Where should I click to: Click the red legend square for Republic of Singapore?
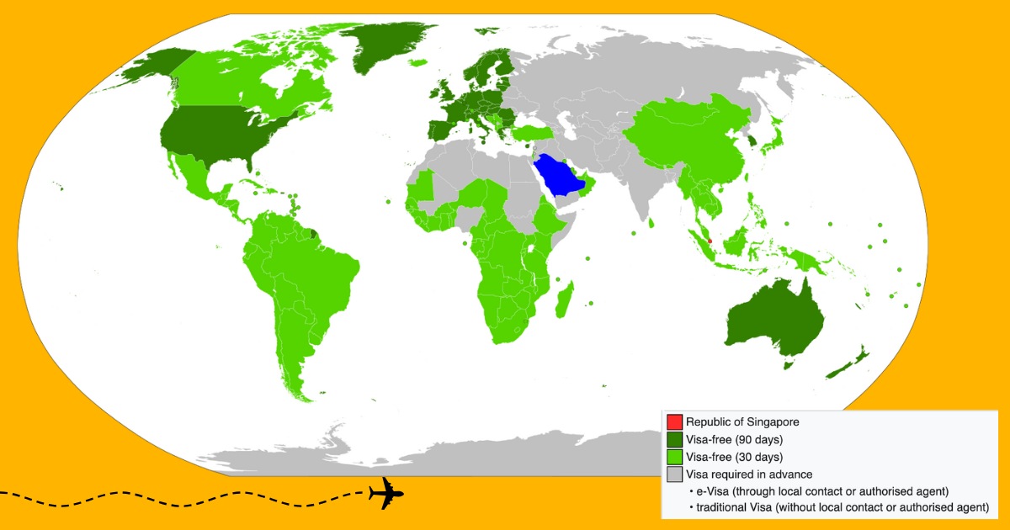(x=674, y=421)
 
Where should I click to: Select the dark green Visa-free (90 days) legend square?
(x=674, y=439)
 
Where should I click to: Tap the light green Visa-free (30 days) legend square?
(x=674, y=458)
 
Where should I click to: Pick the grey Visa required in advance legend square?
(x=674, y=475)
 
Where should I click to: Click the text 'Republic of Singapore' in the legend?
(x=742, y=421)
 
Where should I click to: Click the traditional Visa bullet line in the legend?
(x=838, y=508)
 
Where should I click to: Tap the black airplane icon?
(x=386, y=493)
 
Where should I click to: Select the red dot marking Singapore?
(x=710, y=241)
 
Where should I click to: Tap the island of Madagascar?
(x=566, y=299)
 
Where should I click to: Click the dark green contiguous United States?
(x=210, y=135)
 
